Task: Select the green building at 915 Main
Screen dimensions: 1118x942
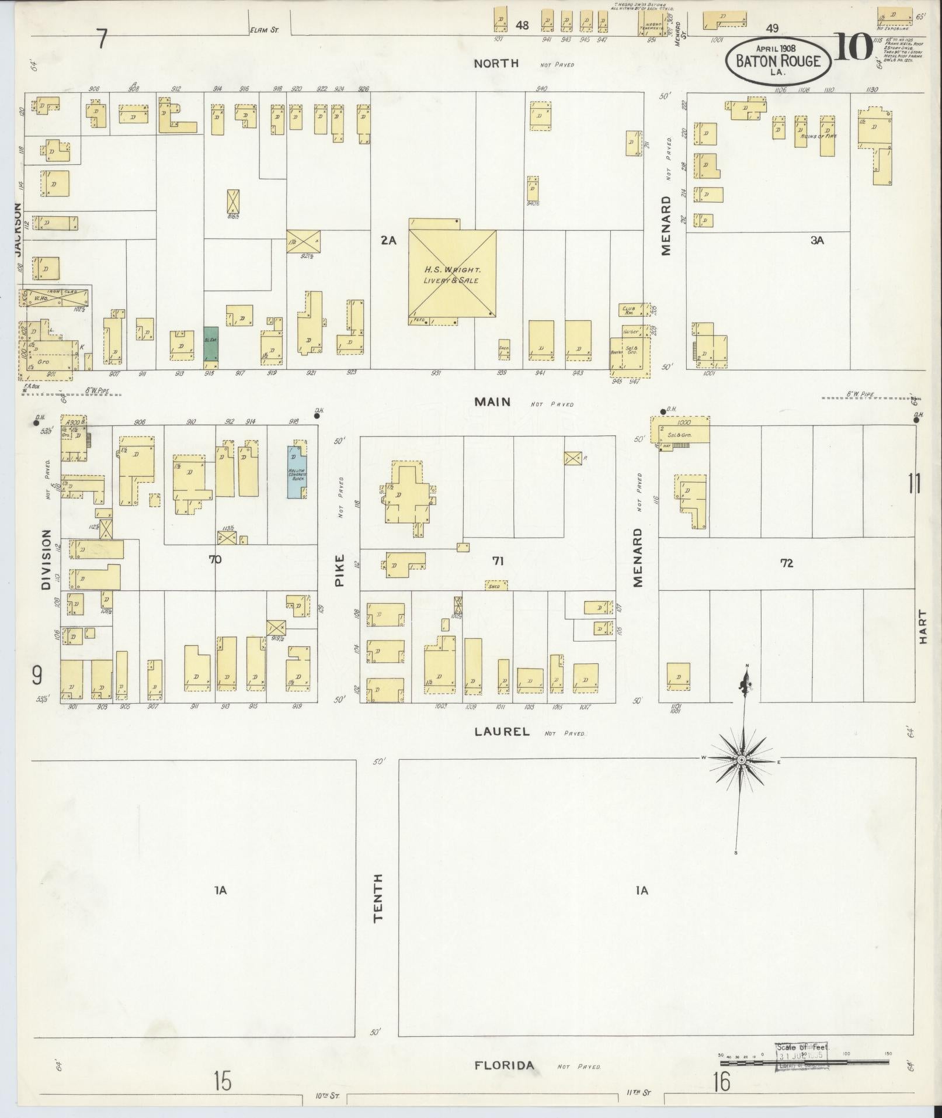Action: coord(210,344)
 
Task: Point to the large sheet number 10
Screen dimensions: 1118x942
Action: coord(853,47)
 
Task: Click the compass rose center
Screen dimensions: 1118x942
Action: coord(741,760)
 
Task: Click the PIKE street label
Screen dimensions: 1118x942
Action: coord(340,570)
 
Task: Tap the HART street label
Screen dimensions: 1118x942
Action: coord(923,627)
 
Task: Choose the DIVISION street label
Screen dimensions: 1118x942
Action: coord(47,560)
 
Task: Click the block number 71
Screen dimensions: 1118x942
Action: coord(497,561)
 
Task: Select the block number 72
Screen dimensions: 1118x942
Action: coord(786,563)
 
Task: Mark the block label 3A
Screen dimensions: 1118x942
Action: coord(816,240)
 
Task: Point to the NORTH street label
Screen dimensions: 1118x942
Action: coord(496,64)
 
